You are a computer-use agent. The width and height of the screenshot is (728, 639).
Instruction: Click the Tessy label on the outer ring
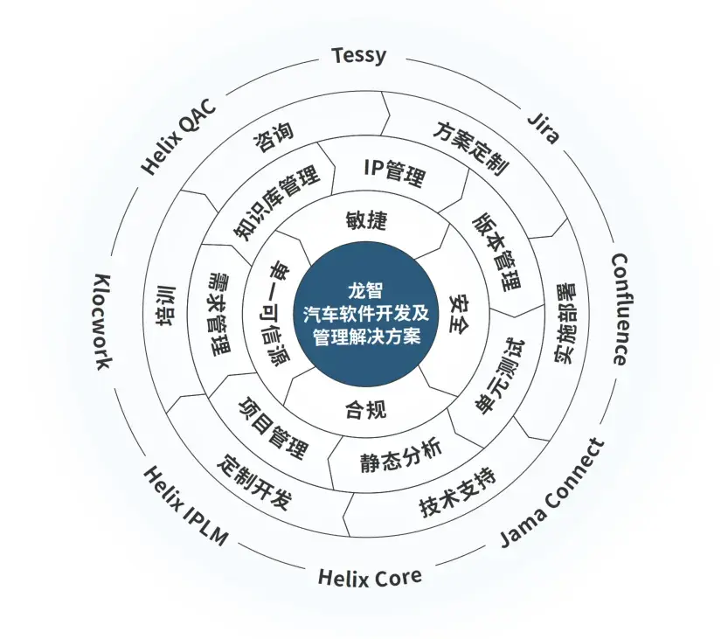tap(358, 56)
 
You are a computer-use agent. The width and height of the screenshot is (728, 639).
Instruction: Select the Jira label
tap(544, 128)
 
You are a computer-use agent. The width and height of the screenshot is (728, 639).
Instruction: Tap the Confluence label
tap(619, 309)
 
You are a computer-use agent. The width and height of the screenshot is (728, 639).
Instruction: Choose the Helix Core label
tap(369, 577)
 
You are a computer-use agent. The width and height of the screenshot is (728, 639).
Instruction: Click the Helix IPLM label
tap(184, 505)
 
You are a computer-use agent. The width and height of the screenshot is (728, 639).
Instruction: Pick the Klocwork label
tap(102, 321)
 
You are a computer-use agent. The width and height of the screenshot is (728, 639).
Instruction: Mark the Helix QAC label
tap(178, 135)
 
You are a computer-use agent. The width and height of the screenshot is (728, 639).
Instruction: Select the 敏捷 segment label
tap(365, 220)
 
